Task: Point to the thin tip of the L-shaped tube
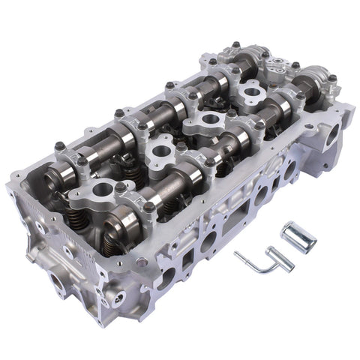click(x=236, y=256)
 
